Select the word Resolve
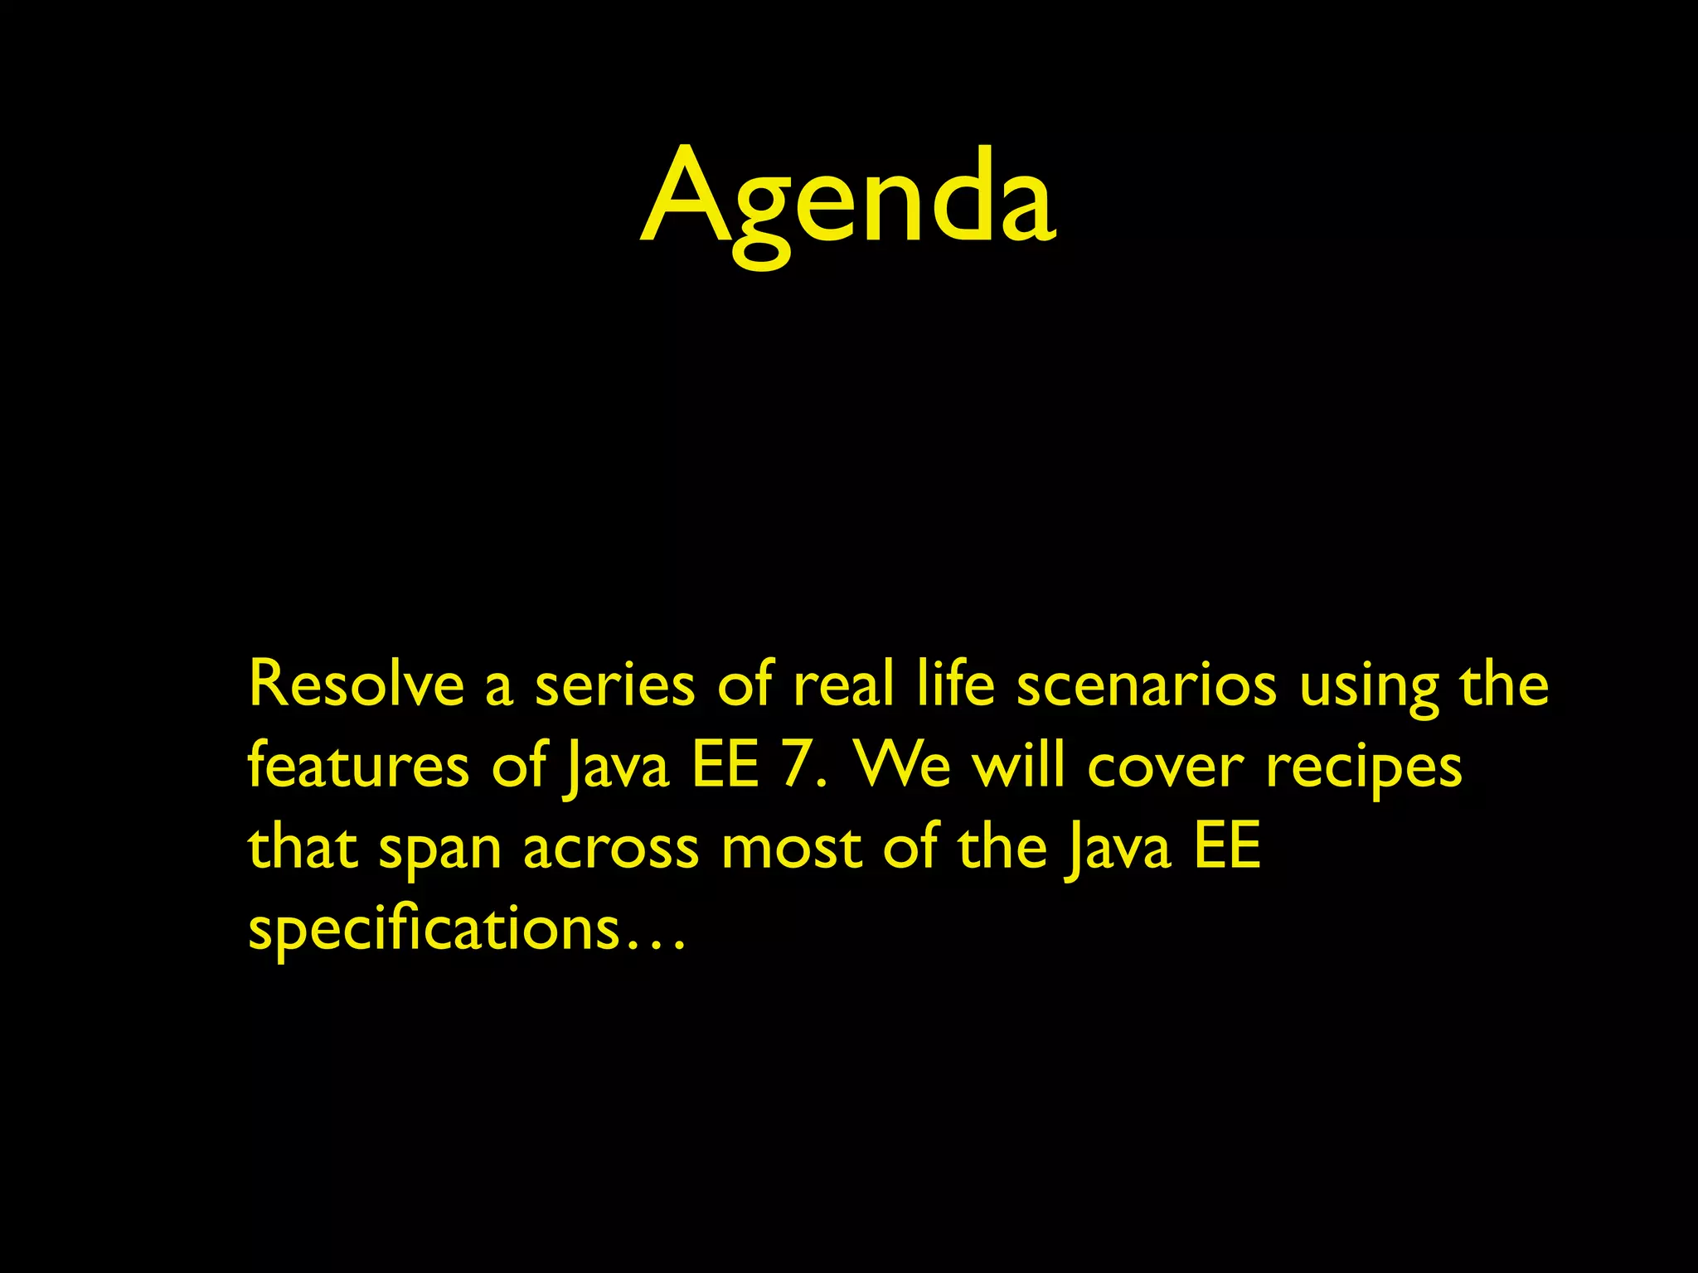(356, 685)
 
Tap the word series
(614, 685)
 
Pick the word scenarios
(1147, 685)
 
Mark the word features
(359, 766)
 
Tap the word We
(903, 766)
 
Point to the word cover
(1166, 767)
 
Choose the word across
(611, 849)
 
